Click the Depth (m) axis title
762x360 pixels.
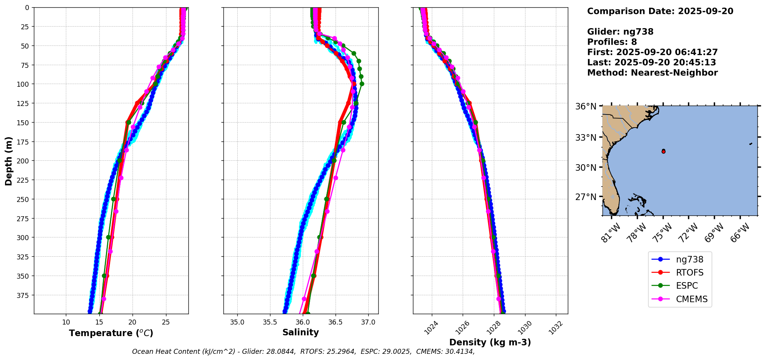(8, 161)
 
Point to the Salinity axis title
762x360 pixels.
(300, 332)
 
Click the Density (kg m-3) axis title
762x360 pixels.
(490, 342)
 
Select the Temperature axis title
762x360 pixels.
(111, 333)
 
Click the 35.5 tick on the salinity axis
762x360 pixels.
(270, 322)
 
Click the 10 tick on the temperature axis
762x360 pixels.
(66, 322)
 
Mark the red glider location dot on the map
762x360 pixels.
(663, 151)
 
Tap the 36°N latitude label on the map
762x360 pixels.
(586, 106)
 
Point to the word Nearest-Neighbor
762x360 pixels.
(674, 73)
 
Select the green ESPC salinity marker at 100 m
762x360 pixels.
(362, 84)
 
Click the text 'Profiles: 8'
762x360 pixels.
(612, 42)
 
